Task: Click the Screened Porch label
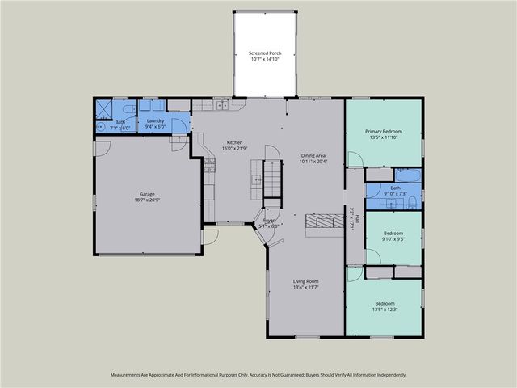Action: point(264,53)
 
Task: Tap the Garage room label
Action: point(147,194)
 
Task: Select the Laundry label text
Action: point(155,121)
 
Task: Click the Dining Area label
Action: point(313,155)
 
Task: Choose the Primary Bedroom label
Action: point(383,131)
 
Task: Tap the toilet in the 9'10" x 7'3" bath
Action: point(411,202)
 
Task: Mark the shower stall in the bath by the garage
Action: point(104,108)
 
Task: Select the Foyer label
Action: point(269,220)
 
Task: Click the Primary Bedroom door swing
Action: point(354,158)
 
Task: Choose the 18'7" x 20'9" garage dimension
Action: point(147,200)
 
